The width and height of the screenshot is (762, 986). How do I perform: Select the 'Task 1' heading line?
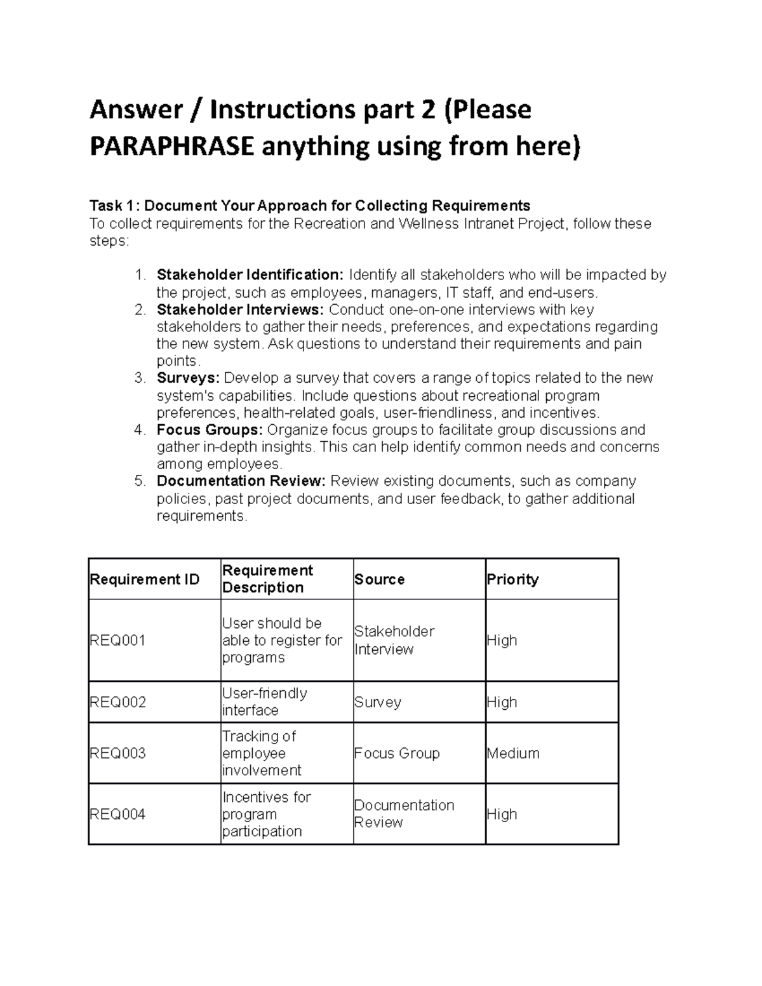click(309, 206)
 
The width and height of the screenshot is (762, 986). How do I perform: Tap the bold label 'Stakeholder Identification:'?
click(250, 275)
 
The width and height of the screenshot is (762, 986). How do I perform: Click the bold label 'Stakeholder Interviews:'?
click(241, 310)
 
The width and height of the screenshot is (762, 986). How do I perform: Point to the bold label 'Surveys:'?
click(188, 378)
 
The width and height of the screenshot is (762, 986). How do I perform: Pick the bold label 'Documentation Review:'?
click(241, 481)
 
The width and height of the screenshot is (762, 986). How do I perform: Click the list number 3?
click(140, 378)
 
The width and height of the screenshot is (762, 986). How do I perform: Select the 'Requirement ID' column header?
click(145, 580)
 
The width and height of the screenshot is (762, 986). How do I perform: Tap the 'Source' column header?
click(380, 580)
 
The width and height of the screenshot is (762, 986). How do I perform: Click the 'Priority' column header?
click(512, 580)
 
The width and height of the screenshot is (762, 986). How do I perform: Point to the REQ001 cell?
click(117, 641)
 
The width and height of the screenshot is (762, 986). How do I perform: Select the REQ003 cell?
click(117, 754)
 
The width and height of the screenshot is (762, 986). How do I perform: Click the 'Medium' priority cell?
click(513, 754)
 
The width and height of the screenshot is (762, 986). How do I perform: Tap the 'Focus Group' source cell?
click(397, 754)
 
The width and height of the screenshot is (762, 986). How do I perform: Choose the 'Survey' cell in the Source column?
click(378, 702)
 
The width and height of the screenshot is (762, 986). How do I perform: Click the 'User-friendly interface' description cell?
click(265, 702)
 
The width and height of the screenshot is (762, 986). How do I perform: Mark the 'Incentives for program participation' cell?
click(267, 814)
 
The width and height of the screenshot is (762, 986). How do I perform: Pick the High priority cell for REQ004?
click(502, 814)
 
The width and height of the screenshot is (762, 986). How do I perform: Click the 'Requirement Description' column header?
click(267, 579)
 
